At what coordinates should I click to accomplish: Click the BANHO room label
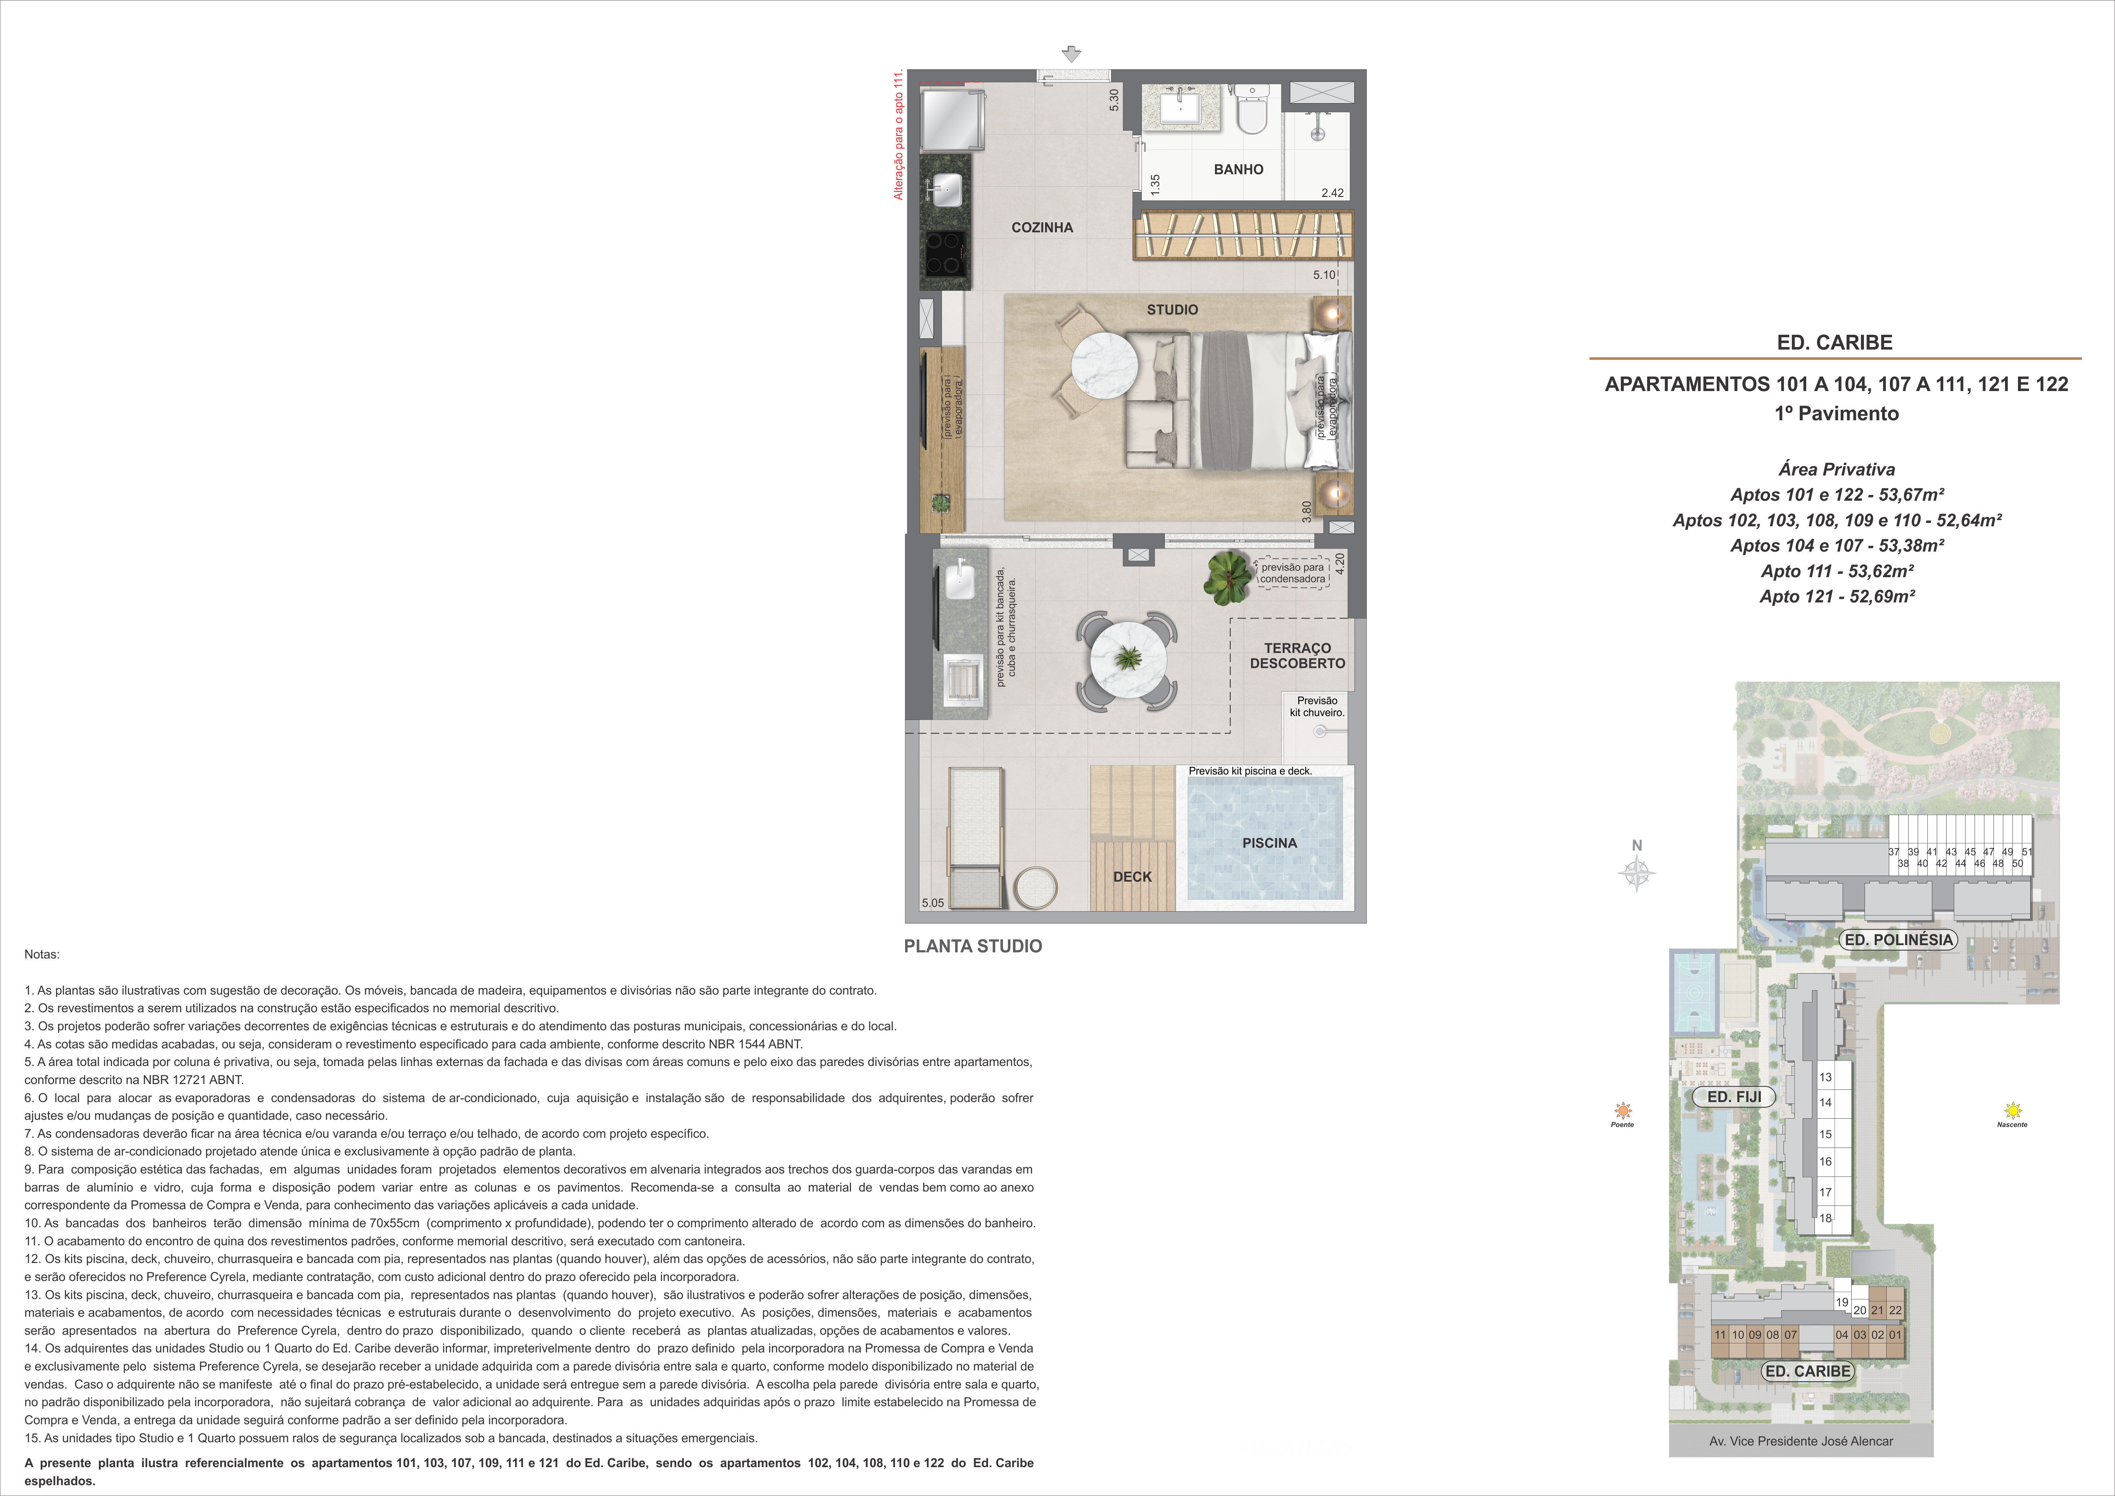(1238, 170)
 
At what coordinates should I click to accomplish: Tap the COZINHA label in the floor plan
(1042, 228)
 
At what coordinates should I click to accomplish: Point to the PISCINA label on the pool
(1269, 843)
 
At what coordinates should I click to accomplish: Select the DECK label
(1132, 877)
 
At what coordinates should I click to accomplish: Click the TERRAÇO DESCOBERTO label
(1297, 656)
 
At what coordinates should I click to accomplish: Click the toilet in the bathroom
(1252, 109)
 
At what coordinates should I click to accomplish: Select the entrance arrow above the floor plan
(1070, 54)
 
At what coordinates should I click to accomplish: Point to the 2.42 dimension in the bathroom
(1332, 193)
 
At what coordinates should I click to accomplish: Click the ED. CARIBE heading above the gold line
(1834, 343)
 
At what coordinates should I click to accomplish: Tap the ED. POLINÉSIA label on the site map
(1897, 940)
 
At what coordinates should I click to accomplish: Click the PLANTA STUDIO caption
(973, 946)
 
